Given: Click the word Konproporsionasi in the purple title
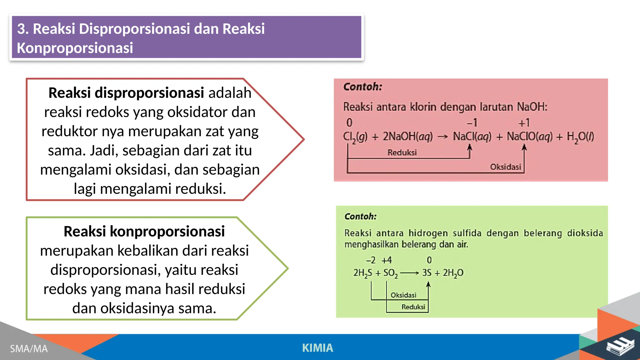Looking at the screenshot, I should point(75,48).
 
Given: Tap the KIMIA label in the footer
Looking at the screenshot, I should point(317,348).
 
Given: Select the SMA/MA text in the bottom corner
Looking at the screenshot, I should point(29,348).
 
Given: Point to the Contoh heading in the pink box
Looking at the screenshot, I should point(362,87).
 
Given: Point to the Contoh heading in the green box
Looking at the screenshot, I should point(360,216).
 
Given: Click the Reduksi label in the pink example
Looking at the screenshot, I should point(402,152).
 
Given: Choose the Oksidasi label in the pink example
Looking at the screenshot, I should point(505,167).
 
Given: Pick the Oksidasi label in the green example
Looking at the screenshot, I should point(403,295).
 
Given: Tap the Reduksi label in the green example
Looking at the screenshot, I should point(413,307).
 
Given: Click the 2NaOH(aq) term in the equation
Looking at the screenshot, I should point(408,137).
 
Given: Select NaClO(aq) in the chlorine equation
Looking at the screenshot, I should point(529,137).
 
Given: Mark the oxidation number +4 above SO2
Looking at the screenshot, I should point(387,260).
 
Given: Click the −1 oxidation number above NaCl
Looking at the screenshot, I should point(472,123).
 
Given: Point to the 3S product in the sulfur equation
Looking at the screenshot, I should point(427,273).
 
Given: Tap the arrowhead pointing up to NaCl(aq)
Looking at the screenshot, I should point(469,147).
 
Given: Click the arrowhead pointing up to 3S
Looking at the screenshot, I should point(428,284).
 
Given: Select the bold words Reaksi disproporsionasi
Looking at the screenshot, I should point(126,93).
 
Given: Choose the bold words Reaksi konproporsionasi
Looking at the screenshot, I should point(144,231).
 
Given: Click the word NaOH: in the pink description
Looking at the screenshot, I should point(532,107).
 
